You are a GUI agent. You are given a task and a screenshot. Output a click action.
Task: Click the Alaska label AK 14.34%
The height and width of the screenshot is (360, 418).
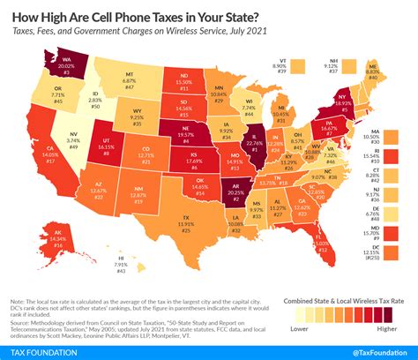point(58,240)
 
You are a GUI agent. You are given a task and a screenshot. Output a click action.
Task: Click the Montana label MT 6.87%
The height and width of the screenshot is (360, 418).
point(130,80)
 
